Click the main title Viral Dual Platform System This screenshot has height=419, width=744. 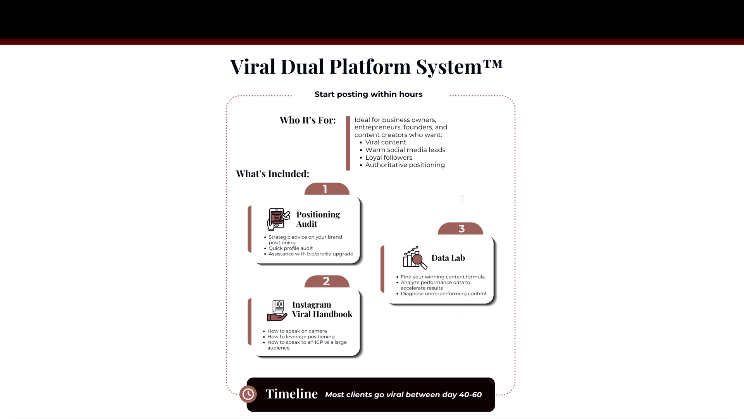366,67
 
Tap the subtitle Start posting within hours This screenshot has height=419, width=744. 368,94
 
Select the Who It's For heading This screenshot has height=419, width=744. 308,120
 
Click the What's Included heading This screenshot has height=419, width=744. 272,174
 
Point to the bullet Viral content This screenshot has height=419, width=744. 386,142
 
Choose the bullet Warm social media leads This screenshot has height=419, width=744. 405,150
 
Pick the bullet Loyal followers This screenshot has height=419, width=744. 389,157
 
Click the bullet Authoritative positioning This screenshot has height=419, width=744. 405,165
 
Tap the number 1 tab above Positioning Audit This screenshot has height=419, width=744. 326,189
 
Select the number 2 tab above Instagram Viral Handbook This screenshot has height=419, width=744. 326,281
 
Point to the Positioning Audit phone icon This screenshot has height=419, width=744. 278,219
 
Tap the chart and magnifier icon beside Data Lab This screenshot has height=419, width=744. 415,258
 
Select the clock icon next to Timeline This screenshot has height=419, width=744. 248,394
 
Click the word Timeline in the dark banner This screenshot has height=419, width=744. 291,394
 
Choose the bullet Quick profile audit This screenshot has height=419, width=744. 291,248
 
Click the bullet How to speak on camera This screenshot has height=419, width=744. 297,331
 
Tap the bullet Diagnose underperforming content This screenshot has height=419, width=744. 444,294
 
